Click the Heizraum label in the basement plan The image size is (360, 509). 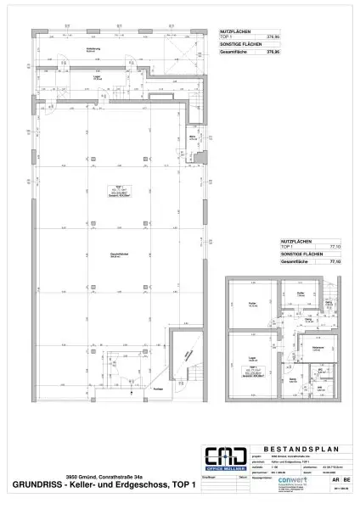point(294,349)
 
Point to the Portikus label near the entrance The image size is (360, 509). point(182,389)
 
